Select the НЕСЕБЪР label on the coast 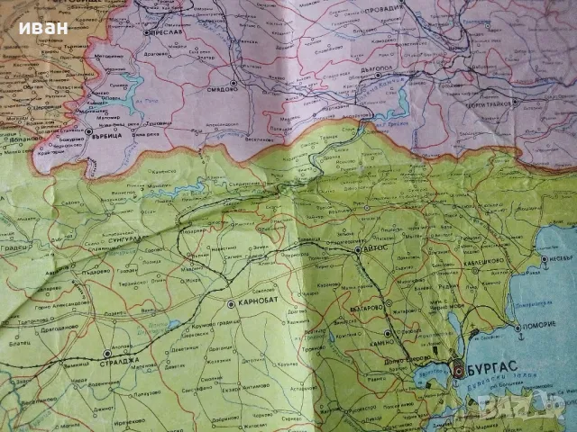coord(558,261)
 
